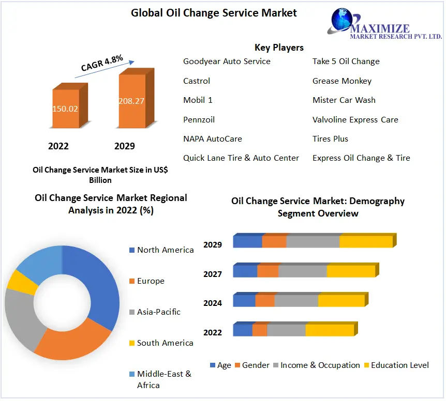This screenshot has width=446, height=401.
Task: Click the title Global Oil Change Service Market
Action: (214, 12)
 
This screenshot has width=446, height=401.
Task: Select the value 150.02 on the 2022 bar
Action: (65, 109)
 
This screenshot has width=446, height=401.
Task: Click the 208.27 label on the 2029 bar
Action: (131, 101)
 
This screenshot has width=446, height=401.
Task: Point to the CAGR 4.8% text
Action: (102, 63)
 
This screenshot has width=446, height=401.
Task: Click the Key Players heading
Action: (279, 48)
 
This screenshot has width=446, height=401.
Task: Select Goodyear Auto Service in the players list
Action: (227, 61)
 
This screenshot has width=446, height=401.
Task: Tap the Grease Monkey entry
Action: (341, 81)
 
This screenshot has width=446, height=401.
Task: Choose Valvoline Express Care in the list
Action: (355, 119)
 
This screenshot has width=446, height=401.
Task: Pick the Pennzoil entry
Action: (199, 119)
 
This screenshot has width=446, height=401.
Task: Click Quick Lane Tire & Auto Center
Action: (241, 158)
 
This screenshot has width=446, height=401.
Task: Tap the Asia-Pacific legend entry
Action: (158, 312)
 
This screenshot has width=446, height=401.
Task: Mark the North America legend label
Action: (165, 250)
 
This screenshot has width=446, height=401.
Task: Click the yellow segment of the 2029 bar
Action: (366, 242)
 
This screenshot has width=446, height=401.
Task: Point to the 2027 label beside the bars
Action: (212, 274)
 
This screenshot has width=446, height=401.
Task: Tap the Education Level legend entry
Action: (399, 365)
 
